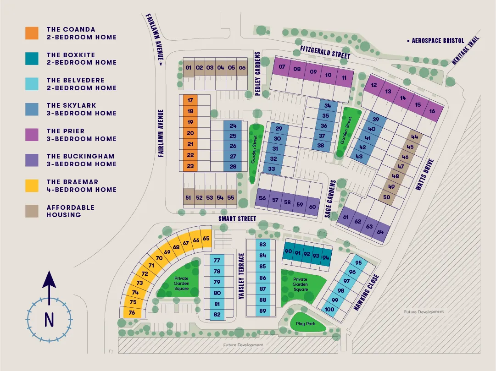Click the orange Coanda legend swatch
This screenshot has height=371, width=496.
(x=32, y=33)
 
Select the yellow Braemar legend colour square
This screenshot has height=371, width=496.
(x=32, y=185)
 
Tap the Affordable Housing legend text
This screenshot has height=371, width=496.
(x=70, y=211)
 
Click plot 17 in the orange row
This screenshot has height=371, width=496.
(x=190, y=100)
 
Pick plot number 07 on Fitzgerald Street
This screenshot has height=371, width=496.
(x=282, y=67)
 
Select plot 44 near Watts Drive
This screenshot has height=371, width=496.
(x=415, y=136)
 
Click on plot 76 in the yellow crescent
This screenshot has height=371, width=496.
(x=132, y=313)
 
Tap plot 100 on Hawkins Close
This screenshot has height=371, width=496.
(x=329, y=309)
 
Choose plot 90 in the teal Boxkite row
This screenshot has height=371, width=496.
(x=289, y=252)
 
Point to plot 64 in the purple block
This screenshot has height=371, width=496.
(x=380, y=232)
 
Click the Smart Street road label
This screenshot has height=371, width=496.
(x=237, y=219)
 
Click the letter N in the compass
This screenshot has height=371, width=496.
(x=49, y=319)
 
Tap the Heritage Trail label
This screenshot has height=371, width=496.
(x=466, y=51)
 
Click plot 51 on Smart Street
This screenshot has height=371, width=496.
(x=188, y=198)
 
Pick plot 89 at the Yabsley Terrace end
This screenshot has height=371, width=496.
(x=263, y=311)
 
